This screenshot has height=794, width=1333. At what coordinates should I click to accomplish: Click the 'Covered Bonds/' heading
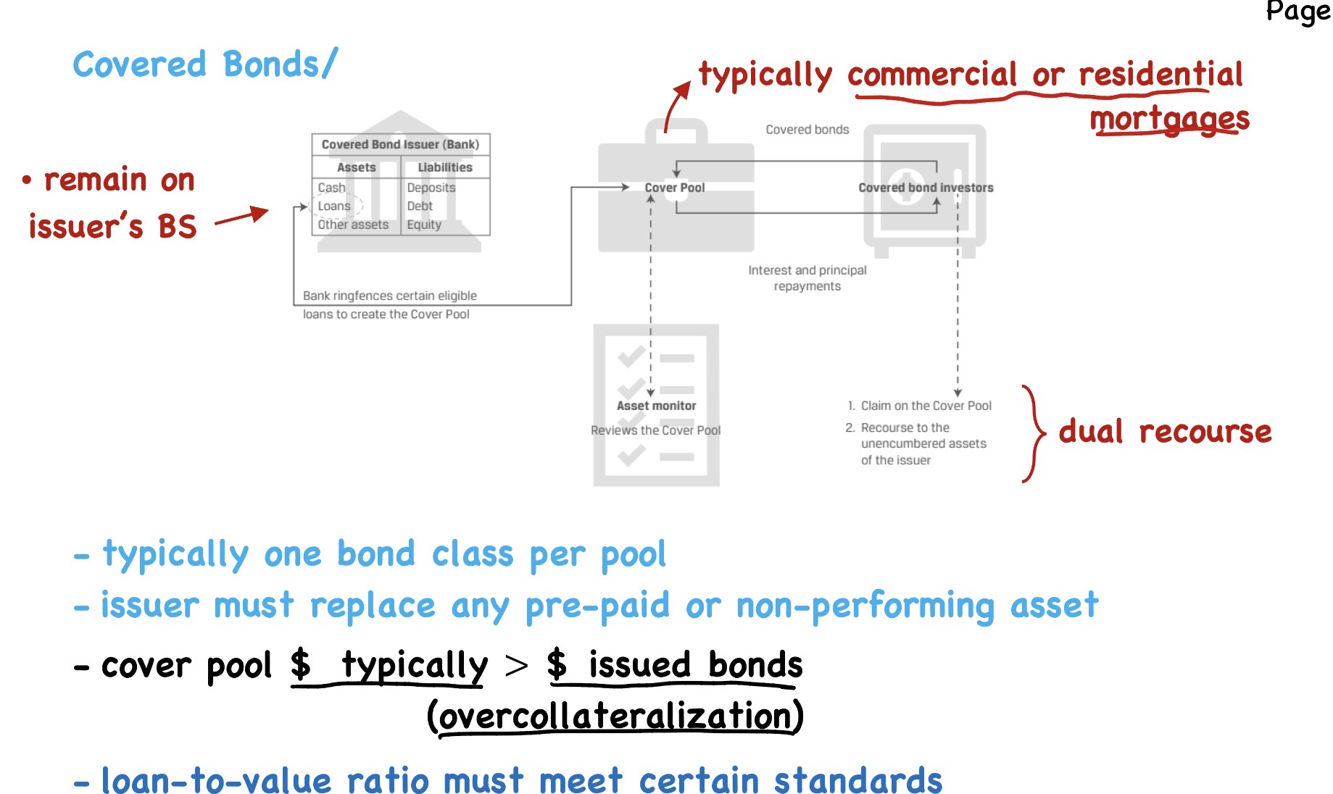205,64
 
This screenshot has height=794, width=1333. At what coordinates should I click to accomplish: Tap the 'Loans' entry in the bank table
334,206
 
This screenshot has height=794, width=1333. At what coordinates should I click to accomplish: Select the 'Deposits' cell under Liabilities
431,188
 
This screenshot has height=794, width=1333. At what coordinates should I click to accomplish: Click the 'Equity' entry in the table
424,225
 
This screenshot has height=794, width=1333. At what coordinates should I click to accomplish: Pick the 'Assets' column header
356,167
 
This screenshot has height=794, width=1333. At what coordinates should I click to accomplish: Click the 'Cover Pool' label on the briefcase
674,188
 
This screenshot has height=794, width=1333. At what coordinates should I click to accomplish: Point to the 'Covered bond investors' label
926,188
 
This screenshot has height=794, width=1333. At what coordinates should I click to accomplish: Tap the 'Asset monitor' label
656,406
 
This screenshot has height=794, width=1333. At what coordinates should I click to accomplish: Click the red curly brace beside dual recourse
1034,434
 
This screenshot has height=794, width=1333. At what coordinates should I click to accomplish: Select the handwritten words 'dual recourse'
1164,432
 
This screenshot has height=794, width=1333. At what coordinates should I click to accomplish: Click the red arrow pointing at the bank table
241,216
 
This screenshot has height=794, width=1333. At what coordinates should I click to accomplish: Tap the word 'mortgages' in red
1169,119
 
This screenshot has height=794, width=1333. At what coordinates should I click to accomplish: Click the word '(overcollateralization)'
615,716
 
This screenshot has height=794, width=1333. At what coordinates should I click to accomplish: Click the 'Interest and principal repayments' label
807,278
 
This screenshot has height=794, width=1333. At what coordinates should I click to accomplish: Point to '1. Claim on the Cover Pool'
919,406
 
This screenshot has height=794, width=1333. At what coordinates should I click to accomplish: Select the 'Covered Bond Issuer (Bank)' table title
400,144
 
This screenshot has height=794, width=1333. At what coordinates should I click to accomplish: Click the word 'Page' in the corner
1297,12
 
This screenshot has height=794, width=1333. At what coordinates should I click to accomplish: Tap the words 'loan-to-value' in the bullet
216,781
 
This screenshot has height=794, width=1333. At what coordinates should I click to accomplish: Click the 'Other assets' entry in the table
353,225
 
